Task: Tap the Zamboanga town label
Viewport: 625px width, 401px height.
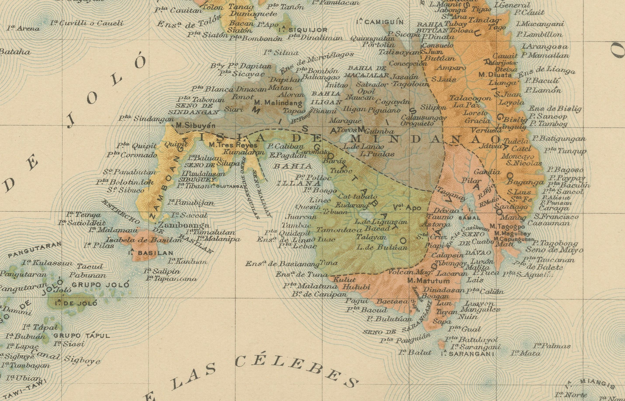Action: coord(183,225)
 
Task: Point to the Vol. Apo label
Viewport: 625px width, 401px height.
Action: coord(410,208)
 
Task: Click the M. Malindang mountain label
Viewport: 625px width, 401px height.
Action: coord(279,103)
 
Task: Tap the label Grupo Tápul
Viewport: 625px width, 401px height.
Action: coord(82,336)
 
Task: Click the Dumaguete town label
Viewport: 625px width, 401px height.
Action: coord(250,14)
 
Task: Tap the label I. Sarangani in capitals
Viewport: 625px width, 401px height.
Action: coord(467,354)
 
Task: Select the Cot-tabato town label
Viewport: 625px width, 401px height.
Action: coord(358,197)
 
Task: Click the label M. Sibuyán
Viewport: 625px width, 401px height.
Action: coord(196,126)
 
